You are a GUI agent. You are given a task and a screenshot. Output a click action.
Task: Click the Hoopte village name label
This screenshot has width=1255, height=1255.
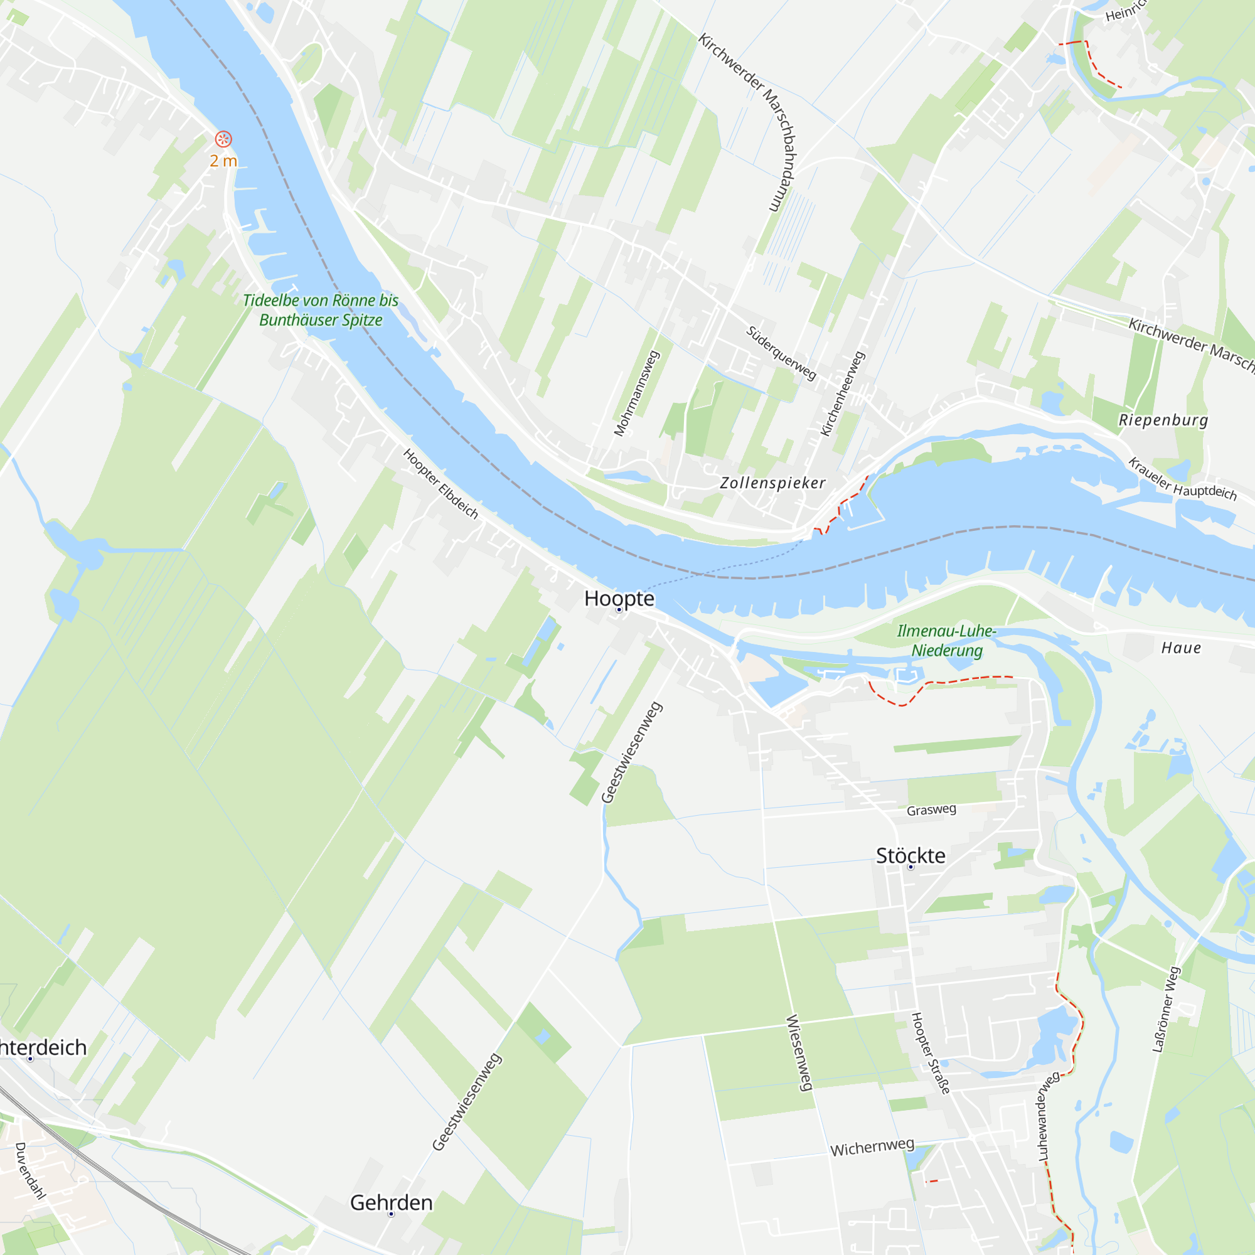pyautogui.click(x=619, y=598)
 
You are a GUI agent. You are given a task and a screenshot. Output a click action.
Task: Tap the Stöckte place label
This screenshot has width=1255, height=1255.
pyautogui.click(x=910, y=855)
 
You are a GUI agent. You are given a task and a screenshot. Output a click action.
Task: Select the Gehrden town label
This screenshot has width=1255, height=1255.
pyautogui.click(x=391, y=1202)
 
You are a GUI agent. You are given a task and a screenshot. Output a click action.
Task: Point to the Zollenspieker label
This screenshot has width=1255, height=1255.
pyautogui.click(x=772, y=483)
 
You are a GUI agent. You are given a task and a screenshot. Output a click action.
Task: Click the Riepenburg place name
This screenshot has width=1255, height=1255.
pyautogui.click(x=1163, y=420)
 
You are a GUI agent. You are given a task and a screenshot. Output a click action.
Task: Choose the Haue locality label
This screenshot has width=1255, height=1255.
pyautogui.click(x=1181, y=648)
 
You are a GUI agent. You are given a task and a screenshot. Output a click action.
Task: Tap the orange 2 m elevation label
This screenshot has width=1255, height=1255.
pyautogui.click(x=223, y=161)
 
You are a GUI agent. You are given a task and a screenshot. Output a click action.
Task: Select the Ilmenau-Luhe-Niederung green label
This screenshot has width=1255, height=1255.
pyautogui.click(x=946, y=640)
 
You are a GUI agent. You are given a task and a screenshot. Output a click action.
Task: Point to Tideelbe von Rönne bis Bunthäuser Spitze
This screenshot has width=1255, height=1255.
pyautogui.click(x=321, y=310)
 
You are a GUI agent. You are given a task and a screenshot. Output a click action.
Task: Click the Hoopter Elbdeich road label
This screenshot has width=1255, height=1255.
pyautogui.click(x=441, y=484)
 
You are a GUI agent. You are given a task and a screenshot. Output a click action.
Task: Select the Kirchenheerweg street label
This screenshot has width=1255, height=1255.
pyautogui.click(x=843, y=393)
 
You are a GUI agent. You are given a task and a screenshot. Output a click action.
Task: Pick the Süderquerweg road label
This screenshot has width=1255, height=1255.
pyautogui.click(x=780, y=353)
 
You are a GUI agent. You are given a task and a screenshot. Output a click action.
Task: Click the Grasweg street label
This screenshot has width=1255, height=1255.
pyautogui.click(x=931, y=809)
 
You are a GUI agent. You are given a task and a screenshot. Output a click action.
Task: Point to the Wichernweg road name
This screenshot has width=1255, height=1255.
pyautogui.click(x=872, y=1147)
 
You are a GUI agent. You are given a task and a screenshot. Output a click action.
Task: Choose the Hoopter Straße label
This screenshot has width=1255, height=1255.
pyautogui.click(x=930, y=1053)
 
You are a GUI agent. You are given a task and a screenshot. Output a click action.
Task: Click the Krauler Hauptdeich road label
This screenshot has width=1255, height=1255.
pyautogui.click(x=1182, y=479)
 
